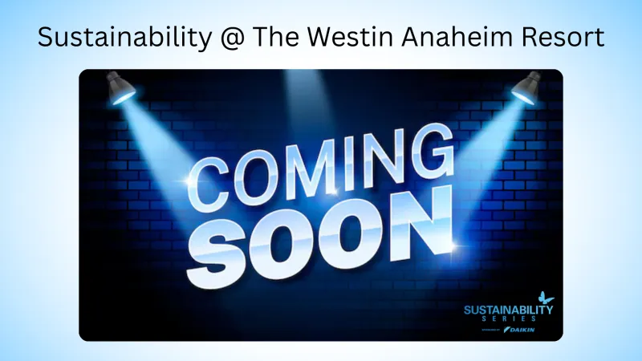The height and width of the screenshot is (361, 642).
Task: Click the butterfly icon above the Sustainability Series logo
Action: [545, 298]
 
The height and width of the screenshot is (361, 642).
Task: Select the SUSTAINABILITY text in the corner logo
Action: [509, 309]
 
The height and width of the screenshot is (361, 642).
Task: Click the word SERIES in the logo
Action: [509, 318]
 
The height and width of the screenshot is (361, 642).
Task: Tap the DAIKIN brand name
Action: [521, 329]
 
